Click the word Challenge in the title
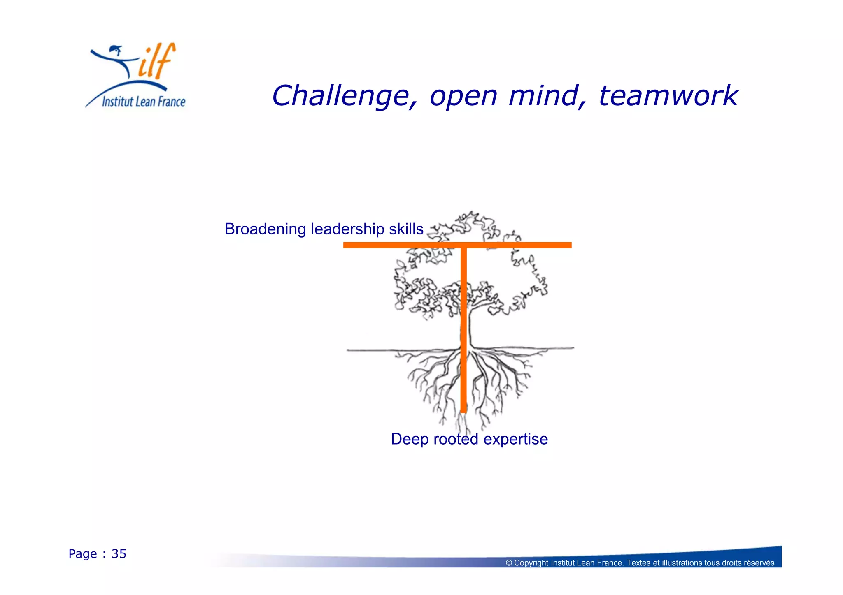(345, 96)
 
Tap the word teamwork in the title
(668, 96)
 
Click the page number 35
(119, 554)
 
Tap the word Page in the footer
(82, 554)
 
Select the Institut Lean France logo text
(143, 102)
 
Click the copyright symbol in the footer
(509, 563)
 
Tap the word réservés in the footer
(761, 563)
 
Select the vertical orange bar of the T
(463, 329)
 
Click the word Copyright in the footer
(531, 563)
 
